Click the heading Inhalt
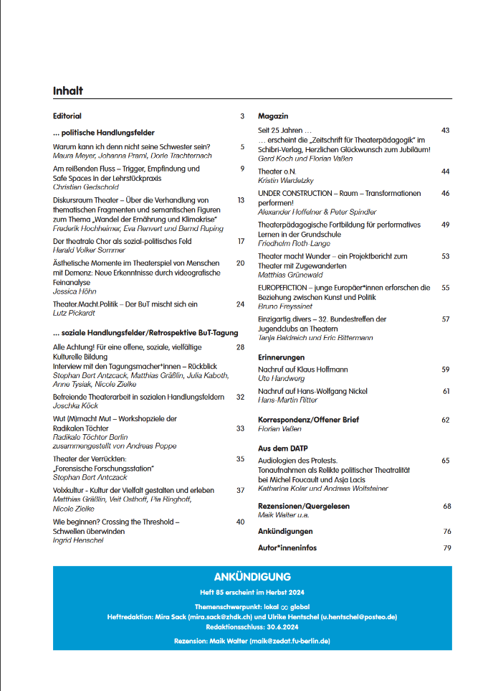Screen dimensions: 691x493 pyautogui.click(x=68, y=91)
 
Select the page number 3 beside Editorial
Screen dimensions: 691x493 pyautogui.click(x=242, y=116)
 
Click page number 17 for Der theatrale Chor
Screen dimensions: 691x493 pyautogui.click(x=241, y=241)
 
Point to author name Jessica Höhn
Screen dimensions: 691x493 pyautogui.click(x=74, y=291)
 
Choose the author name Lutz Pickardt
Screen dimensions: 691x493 pyautogui.click(x=75, y=313)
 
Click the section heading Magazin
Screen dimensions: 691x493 pyautogui.click(x=273, y=116)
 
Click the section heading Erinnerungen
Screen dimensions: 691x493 pyautogui.click(x=281, y=357)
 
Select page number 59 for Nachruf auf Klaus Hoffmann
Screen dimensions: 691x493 pyautogui.click(x=445, y=369)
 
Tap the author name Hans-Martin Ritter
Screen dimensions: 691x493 pyautogui.click(x=288, y=400)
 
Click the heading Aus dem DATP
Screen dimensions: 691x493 pyautogui.click(x=283, y=448)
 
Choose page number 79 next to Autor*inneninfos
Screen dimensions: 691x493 pyautogui.click(x=446, y=547)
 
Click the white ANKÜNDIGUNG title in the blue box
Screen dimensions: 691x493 pyautogui.click(x=252, y=577)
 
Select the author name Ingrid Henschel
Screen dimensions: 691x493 pyautogui.click(x=78, y=540)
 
